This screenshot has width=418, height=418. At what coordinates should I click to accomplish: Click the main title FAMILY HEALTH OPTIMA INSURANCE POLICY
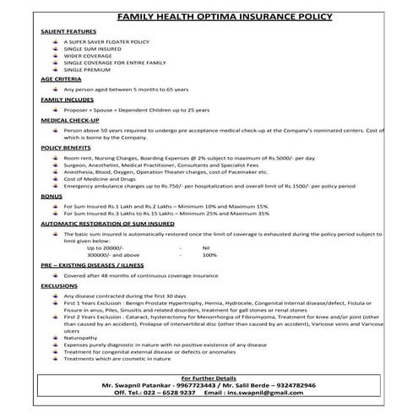[209, 16]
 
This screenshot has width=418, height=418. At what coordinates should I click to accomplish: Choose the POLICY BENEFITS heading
[64, 148]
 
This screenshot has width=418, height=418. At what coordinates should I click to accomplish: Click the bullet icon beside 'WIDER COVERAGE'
[55, 55]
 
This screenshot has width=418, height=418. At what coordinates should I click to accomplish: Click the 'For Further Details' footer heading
[209, 377]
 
